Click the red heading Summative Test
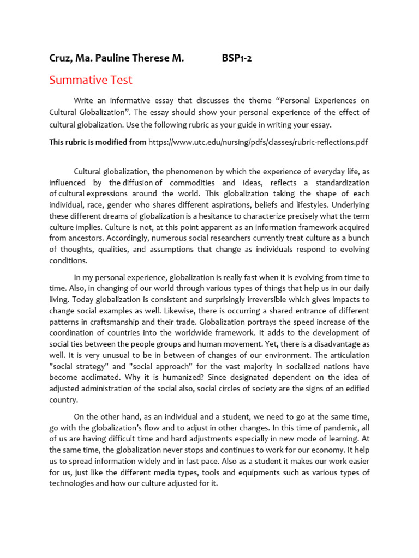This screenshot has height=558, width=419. pyautogui.click(x=91, y=80)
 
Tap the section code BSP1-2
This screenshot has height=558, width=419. pyautogui.click(x=237, y=57)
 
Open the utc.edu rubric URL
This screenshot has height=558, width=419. pyautogui.click(x=258, y=142)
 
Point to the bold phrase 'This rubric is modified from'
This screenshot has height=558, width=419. pyautogui.click(x=98, y=142)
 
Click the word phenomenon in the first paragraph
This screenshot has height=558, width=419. pyautogui.click(x=189, y=171)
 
